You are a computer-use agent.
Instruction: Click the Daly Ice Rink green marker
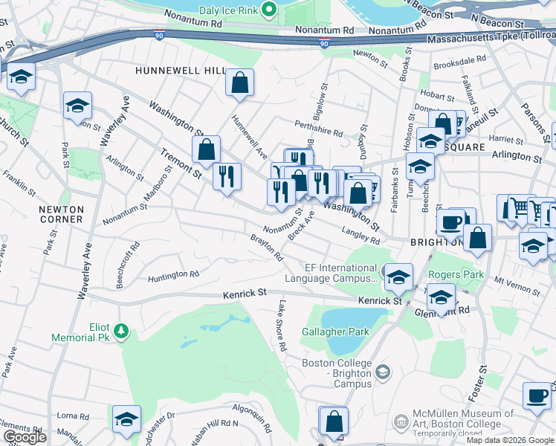coord(270,10)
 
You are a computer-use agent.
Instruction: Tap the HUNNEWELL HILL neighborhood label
coord(179,70)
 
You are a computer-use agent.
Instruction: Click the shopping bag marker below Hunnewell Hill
coord(240,84)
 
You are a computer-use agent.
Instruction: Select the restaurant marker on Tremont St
coord(227,177)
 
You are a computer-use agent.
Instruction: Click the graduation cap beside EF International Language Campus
coord(398,277)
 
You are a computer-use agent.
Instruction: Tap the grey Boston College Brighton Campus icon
coord(383,371)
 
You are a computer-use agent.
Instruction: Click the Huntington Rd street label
coord(174,274)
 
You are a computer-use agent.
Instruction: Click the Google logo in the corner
coord(25,437)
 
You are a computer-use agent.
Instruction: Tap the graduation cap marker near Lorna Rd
coord(126,419)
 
